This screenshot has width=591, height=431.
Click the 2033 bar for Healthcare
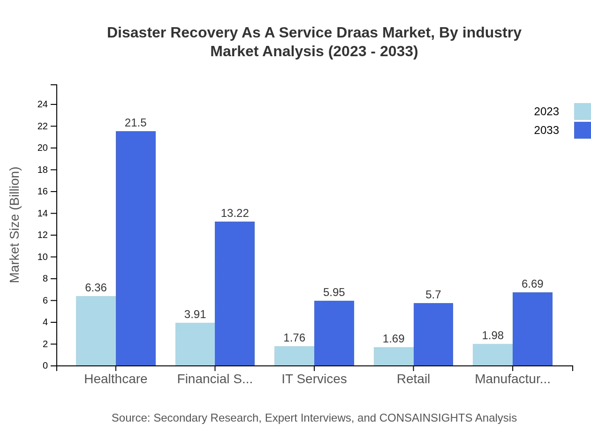tap(136, 248)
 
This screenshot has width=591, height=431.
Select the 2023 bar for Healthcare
tap(96, 331)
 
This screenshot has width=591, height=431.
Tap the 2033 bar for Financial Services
tap(235, 293)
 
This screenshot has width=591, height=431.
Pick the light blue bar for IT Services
tap(294, 356)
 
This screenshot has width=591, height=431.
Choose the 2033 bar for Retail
tap(433, 334)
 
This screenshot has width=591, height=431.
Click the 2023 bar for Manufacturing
tap(492, 355)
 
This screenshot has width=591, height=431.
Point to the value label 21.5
tap(136, 123)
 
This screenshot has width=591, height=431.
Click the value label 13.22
tap(235, 213)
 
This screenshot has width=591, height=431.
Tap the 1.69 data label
tap(394, 339)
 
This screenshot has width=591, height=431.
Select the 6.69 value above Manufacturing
tap(532, 284)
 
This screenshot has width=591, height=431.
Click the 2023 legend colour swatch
tap(582, 111)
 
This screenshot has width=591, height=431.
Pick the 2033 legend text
tap(546, 130)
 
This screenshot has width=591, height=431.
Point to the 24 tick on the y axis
tap(43, 104)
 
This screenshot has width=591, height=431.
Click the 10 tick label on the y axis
tap(43, 257)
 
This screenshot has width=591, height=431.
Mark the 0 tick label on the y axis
tap(45, 365)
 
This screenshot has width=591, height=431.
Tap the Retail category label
tap(413, 379)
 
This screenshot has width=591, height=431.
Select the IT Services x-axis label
tap(314, 379)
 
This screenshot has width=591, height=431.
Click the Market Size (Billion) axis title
tap(15, 225)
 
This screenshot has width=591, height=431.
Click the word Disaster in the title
tap(136, 33)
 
